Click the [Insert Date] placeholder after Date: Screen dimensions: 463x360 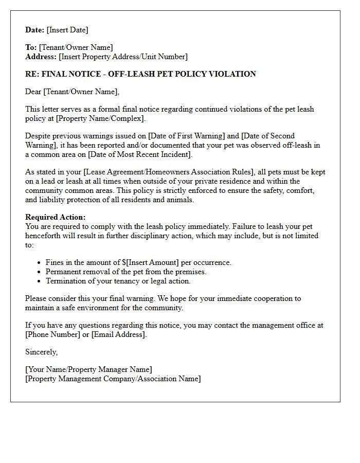coord(67,30)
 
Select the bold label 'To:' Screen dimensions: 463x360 coord(31,47)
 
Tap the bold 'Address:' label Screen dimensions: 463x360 coord(41,57)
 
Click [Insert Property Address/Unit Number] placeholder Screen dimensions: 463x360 coord(123,57)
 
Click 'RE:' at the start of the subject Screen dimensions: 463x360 coord(32,74)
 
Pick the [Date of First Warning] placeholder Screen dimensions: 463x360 coord(187,136)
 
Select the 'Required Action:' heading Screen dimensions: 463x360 coord(56,217)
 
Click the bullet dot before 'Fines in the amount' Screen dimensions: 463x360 coord(40,263)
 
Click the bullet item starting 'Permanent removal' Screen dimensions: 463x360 coord(126,272)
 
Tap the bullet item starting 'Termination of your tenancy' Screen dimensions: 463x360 coord(118,281)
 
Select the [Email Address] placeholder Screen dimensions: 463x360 coord(119,334)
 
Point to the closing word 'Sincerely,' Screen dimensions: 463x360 coord(42,352)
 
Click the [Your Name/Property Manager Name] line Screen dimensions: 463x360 coord(88,369)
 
